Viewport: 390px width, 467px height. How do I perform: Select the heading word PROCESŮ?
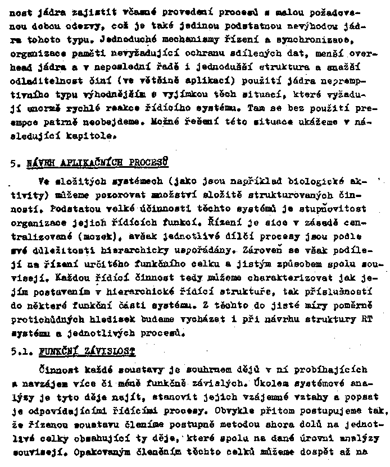[149, 164]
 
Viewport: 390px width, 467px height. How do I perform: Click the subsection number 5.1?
[21, 352]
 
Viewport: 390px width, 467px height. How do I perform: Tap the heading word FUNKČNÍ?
[58, 352]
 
